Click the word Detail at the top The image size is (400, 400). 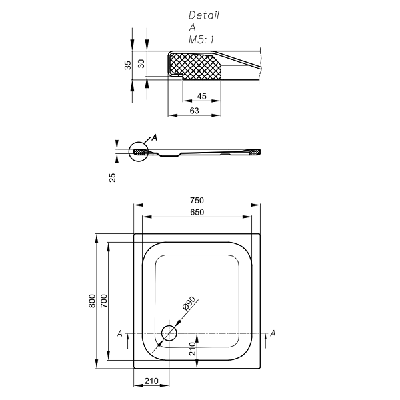click(203, 15)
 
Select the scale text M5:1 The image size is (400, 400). click(201, 40)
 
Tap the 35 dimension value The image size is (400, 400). click(127, 65)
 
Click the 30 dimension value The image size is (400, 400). click(141, 63)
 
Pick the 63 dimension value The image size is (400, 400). click(195, 111)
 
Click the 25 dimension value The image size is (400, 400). click(113, 177)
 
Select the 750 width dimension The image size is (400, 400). click(196, 201)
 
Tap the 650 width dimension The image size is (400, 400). click(196, 212)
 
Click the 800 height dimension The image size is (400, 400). click(92, 301)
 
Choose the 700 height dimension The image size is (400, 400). click(104, 301)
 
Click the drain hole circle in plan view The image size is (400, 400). click(169, 333)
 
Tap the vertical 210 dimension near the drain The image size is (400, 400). click(192, 349)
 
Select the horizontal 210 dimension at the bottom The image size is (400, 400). click(151, 381)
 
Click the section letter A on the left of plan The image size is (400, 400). click(119, 333)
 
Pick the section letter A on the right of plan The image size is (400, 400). click(273, 333)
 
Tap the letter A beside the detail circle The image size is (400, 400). click(155, 137)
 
